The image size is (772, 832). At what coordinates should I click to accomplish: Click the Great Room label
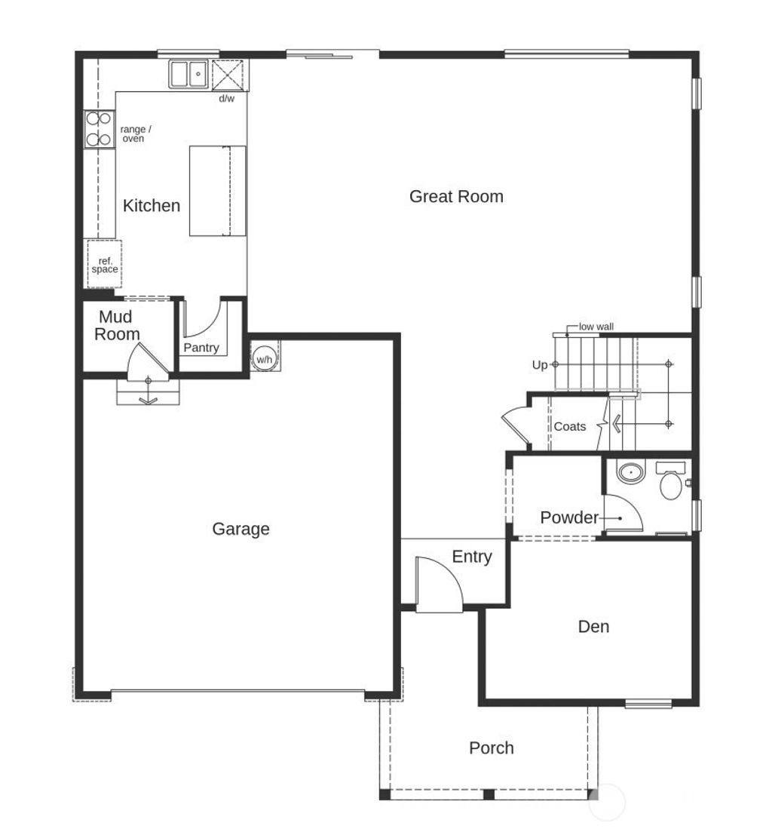(x=456, y=197)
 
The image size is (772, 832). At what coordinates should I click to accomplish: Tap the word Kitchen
(x=152, y=206)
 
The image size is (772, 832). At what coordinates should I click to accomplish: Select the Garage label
(x=240, y=530)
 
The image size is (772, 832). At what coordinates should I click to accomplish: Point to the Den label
(x=593, y=627)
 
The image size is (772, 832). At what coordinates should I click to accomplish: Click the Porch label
(x=492, y=748)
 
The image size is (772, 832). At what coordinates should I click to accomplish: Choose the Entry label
(x=472, y=557)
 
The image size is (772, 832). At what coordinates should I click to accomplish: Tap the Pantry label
(x=201, y=348)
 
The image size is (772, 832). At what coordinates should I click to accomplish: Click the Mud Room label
(x=117, y=325)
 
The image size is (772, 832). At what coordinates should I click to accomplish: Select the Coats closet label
(x=570, y=427)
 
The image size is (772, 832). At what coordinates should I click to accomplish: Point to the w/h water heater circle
(x=265, y=359)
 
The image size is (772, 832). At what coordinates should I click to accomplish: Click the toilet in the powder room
(x=669, y=484)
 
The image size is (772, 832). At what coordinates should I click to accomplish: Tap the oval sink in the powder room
(x=630, y=473)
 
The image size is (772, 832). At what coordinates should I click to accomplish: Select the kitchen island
(x=217, y=191)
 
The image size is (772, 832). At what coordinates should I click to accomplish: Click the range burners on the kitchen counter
(x=99, y=129)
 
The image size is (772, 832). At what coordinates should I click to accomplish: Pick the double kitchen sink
(x=188, y=75)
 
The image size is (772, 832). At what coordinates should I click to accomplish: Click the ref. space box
(x=104, y=264)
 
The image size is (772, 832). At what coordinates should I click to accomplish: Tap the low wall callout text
(x=596, y=327)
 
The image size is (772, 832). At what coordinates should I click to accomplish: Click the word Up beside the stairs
(x=540, y=365)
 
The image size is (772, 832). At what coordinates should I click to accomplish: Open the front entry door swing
(x=437, y=585)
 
